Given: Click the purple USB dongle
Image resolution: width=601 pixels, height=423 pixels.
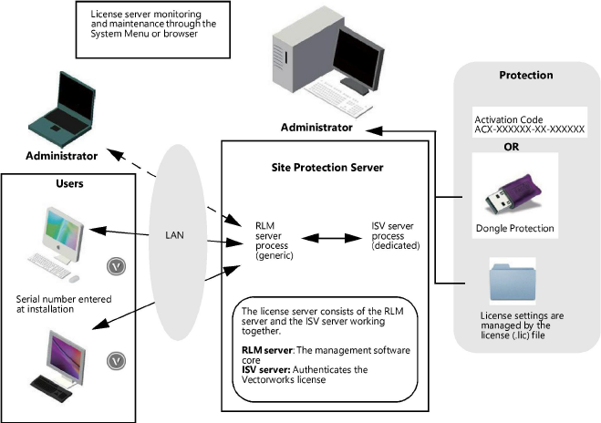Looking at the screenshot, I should click(x=510, y=188).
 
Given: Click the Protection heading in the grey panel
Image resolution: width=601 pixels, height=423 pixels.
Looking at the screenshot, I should click(x=526, y=76).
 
